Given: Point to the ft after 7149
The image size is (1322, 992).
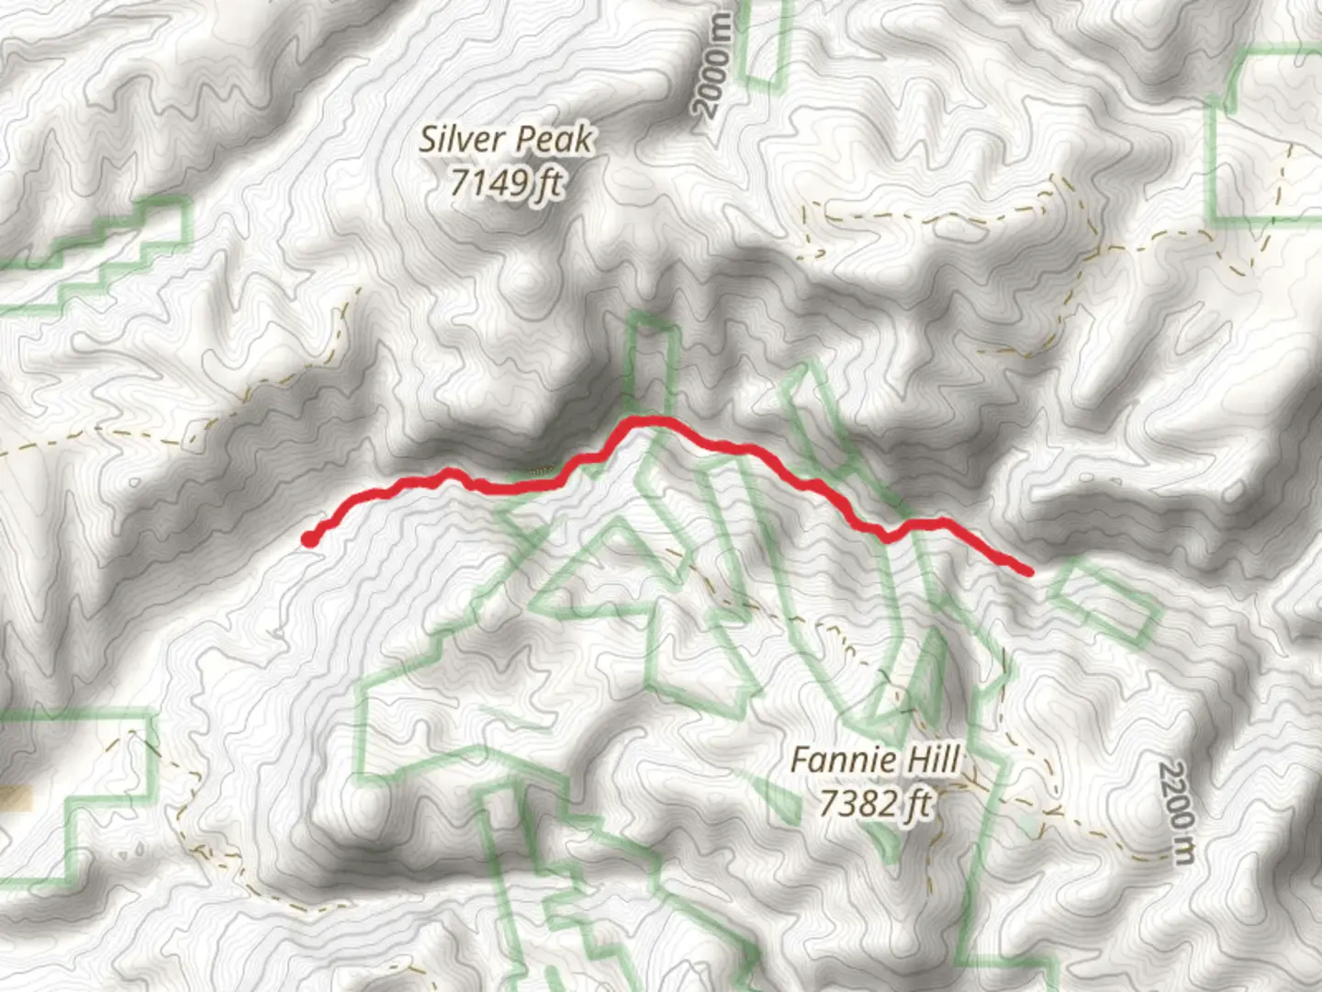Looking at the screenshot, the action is tap(549, 182).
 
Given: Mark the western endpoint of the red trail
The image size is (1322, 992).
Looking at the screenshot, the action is tap(310, 540).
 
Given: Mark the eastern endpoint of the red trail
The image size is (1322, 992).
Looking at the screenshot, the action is tap(1028, 571).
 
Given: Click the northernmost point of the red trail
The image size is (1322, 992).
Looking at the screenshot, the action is tap(648, 420).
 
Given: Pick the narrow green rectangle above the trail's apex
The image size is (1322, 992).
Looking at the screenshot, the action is tap(654, 363).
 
